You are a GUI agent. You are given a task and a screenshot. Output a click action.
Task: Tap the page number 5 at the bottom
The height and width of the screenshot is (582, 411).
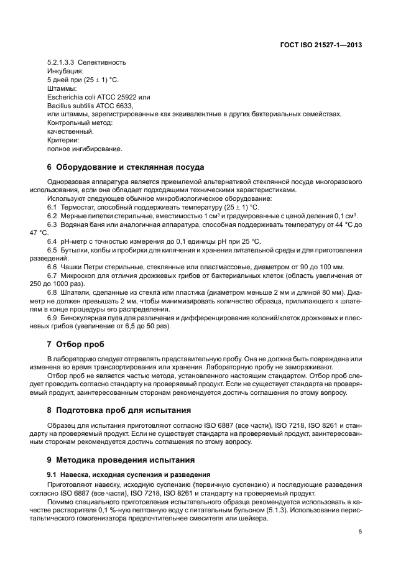[x=361, y=532]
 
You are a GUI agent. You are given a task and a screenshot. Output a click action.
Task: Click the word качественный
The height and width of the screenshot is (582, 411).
[x=70, y=132]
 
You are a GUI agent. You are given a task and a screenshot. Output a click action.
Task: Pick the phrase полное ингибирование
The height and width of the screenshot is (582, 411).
[x=85, y=149]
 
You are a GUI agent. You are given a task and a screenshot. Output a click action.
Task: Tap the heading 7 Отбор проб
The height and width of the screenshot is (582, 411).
[x=76, y=344]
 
